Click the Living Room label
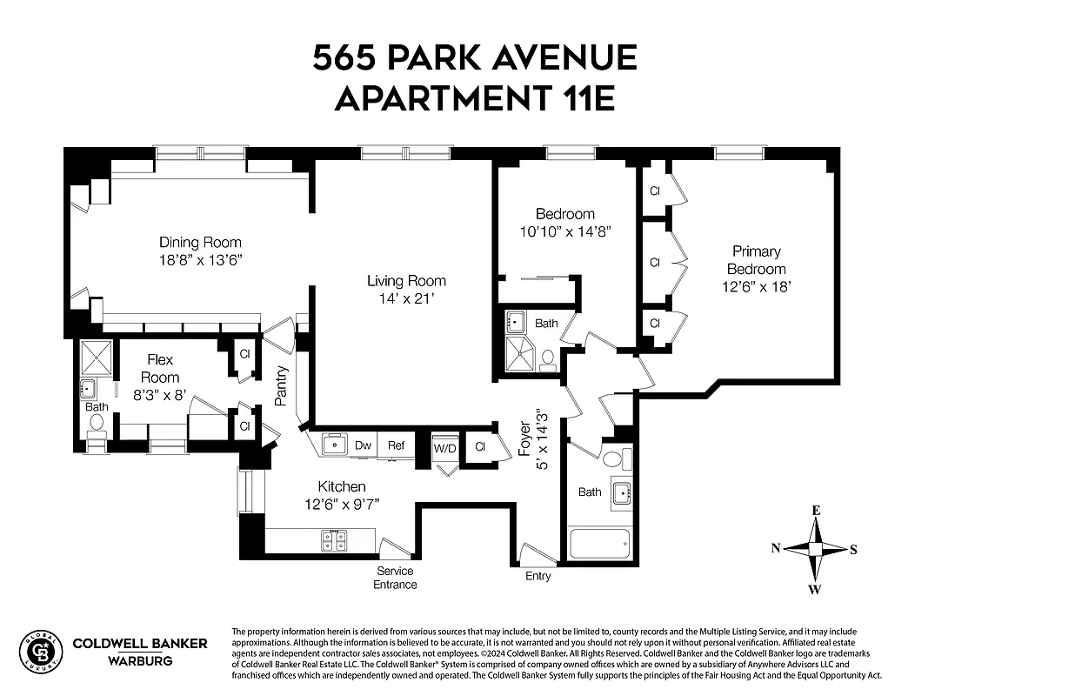406,280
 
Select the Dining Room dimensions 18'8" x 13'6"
200,259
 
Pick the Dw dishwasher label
363,445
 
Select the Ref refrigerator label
396,445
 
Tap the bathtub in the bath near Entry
598,545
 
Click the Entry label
537,576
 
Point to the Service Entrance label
395,578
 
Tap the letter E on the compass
816,511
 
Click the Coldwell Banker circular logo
41,651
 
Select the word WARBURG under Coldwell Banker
139,660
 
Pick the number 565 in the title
345,58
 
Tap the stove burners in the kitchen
334,540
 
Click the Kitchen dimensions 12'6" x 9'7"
341,504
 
